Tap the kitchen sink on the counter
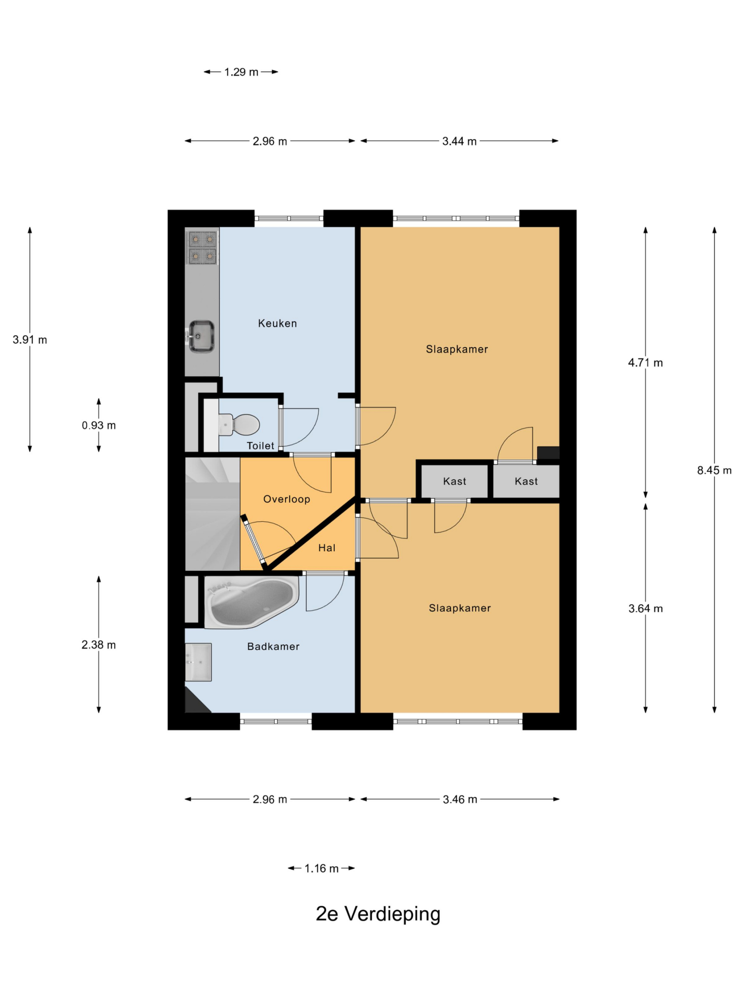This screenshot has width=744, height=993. [200, 336]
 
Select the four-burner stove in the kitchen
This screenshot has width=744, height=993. [202, 247]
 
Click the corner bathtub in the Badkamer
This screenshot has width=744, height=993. [251, 602]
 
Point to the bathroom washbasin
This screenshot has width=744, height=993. [198, 662]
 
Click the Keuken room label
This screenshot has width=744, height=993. [277, 323]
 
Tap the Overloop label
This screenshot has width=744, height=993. [287, 499]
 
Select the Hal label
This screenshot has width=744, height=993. [327, 548]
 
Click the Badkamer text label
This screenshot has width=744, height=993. [273, 647]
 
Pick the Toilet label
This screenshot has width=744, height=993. [260, 446]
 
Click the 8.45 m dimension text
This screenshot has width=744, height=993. [714, 471]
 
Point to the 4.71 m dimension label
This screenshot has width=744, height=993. [645, 363]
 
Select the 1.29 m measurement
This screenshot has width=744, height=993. [241, 72]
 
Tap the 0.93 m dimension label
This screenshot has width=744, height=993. [99, 425]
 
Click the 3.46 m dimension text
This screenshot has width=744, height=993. [460, 799]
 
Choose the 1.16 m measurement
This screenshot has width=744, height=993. [322, 868]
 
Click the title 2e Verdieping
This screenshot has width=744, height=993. [378, 914]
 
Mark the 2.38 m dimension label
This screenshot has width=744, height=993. [99, 645]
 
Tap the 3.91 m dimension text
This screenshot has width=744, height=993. [29, 340]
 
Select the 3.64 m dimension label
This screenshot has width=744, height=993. [645, 609]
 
